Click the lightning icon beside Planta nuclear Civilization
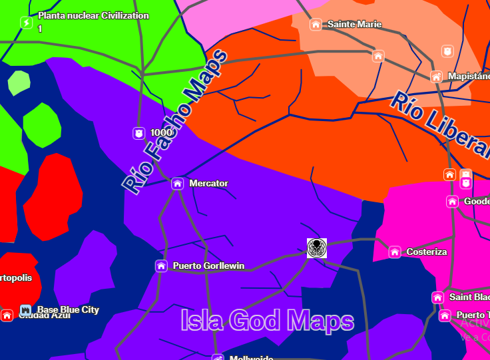[x=27, y=23]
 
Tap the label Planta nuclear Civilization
[x=93, y=15]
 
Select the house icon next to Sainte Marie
[x=316, y=25]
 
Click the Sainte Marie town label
[x=354, y=25]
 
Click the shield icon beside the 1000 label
[x=138, y=133]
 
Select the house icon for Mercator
[x=177, y=184]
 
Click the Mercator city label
[x=208, y=183]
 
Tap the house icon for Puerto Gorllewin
[x=161, y=266]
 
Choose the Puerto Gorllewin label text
[x=208, y=266]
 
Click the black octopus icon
[x=317, y=248]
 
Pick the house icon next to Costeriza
[x=395, y=252]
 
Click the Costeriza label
[x=426, y=252]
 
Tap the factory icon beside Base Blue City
[x=25, y=310]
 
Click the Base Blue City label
[x=68, y=309]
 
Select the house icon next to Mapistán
[x=436, y=77]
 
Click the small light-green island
[x=19, y=83]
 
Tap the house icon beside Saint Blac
[x=437, y=297]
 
